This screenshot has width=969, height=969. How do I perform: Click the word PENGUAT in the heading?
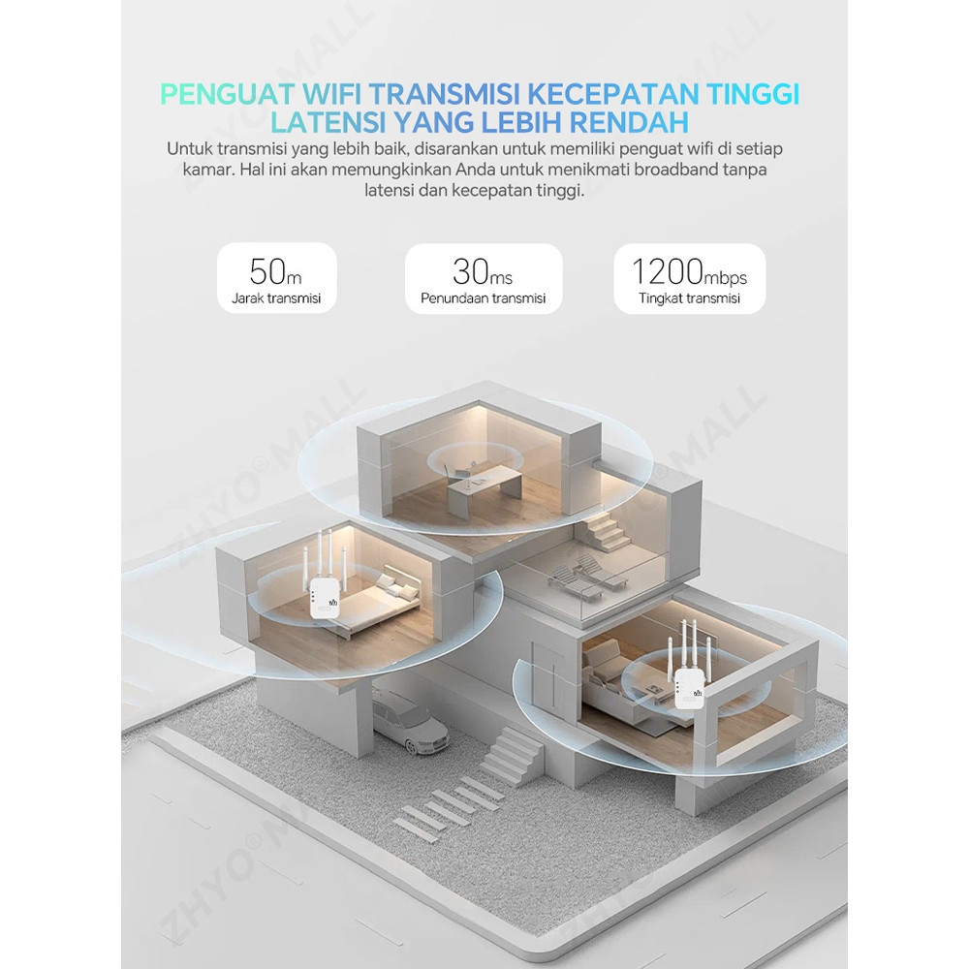pyautogui.click(x=227, y=95)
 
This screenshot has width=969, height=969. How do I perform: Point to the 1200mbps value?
pyautogui.click(x=689, y=272)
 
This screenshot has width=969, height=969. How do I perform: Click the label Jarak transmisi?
pyautogui.click(x=276, y=298)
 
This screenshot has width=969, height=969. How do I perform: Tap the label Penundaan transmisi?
pyautogui.click(x=484, y=298)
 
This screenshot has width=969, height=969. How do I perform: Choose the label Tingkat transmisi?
pyautogui.click(x=689, y=298)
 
